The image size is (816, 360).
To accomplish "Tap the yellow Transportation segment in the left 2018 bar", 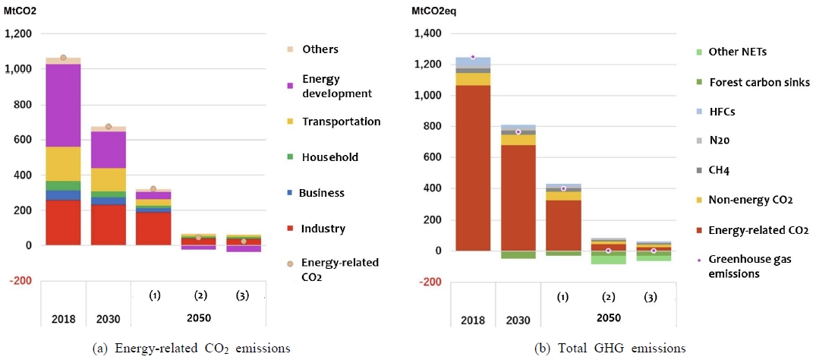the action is [x=63, y=163].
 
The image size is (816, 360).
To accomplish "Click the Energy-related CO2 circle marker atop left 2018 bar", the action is [x=63, y=57].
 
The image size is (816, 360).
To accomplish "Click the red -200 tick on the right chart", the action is [x=430, y=282].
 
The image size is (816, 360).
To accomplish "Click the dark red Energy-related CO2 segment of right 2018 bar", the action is [x=473, y=168].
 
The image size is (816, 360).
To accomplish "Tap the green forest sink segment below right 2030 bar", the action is [x=518, y=254].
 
